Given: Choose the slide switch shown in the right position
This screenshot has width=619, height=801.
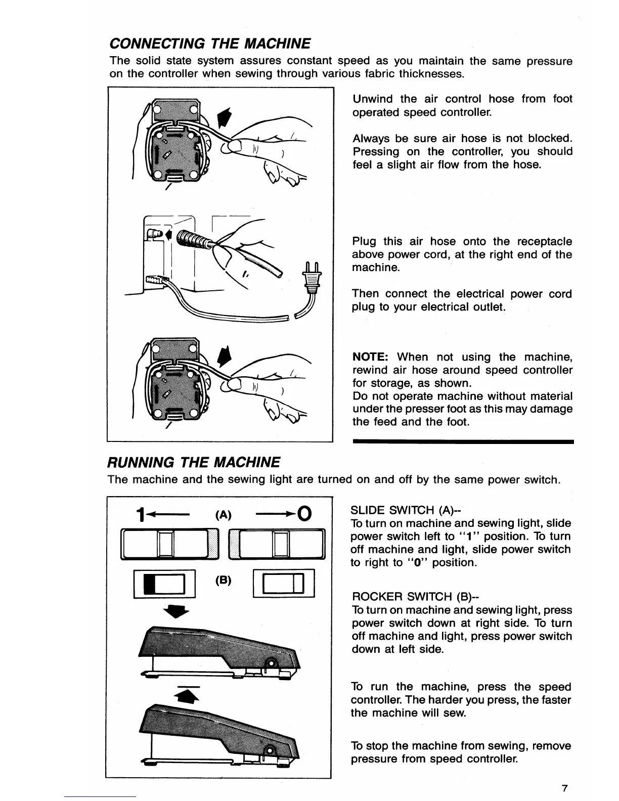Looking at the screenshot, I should [276, 544].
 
